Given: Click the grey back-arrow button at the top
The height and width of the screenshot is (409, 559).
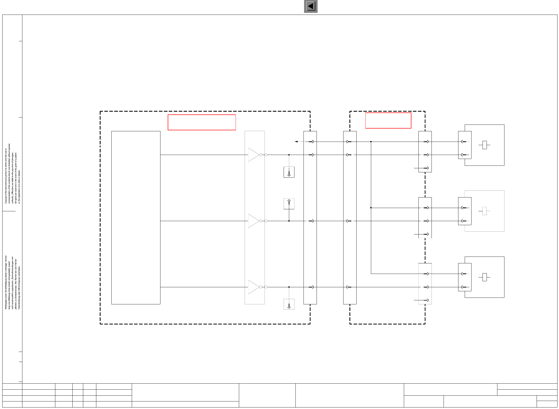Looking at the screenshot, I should point(311,6).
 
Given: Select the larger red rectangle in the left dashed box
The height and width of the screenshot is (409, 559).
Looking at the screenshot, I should point(202,122).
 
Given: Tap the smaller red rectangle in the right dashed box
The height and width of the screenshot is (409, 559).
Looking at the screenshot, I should point(388,120).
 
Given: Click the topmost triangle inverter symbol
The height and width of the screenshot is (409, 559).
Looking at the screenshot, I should point(253,155).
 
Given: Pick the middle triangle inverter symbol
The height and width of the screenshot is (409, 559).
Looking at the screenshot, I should point(253,221).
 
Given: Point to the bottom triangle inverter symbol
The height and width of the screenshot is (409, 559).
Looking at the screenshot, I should point(253,287).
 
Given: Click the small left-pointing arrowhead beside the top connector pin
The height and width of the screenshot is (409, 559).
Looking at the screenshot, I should point(296,142).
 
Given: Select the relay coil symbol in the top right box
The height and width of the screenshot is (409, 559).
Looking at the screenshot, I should point(484,145).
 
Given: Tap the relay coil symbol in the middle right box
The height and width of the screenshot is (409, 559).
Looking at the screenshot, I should point(484,211).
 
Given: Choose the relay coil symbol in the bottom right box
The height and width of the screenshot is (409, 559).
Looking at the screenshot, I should point(484,277).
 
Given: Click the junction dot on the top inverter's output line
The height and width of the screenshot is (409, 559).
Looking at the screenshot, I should point(289,155).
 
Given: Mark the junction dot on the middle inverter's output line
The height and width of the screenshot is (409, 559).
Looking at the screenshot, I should point(289,221).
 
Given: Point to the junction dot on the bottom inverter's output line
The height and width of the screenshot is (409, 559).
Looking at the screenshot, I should point(289,287).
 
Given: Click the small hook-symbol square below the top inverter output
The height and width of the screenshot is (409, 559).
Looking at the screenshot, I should point(289,172).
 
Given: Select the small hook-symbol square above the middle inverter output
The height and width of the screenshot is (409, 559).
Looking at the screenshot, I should point(289,204).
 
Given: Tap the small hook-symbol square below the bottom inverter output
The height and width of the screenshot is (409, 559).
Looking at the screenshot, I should point(289,304).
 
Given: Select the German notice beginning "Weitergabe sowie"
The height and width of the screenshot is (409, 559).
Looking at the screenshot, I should point(12,282).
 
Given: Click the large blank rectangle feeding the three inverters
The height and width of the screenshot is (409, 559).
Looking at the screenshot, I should point(136,218).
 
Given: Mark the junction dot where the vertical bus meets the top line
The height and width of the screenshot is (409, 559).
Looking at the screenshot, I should point(371,142).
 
